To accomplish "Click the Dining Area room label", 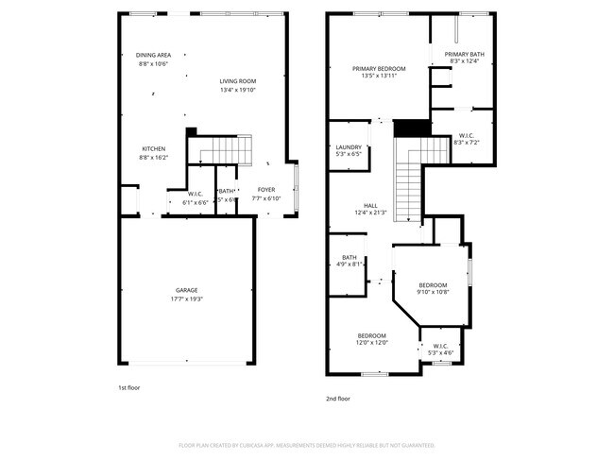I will click(152, 55).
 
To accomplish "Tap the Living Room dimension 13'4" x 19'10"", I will click(238, 91).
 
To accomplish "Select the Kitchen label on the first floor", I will click(154, 149).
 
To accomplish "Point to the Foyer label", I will click(267, 189).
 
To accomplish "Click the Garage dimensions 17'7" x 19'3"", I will click(186, 299).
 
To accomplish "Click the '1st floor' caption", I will click(128, 386).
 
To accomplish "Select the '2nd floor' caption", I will click(337, 399).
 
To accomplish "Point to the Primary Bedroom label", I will click(379, 69).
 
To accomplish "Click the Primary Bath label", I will click(462, 54).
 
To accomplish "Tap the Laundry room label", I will click(349, 146).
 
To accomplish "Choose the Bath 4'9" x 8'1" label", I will click(350, 257).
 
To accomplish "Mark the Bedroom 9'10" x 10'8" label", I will click(433, 285).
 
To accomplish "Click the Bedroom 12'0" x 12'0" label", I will click(371, 336).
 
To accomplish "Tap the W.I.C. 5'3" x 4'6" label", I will click(441, 346).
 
